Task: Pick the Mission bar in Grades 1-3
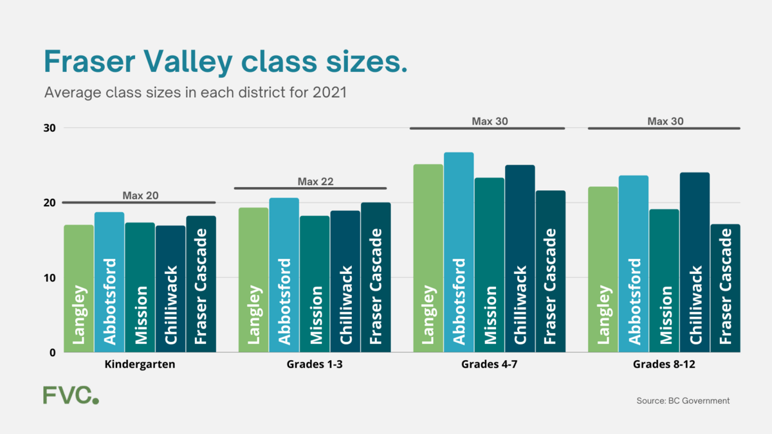[x=315, y=284]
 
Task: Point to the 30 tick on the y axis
[x=50, y=128]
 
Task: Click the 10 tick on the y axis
[x=50, y=278]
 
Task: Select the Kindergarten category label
[x=140, y=365]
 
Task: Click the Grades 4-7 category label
[x=487, y=365]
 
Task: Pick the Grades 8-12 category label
[x=664, y=365]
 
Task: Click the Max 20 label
[x=140, y=195]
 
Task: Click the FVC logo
[x=71, y=395]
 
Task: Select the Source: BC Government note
[x=683, y=401]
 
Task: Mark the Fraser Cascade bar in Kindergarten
[x=201, y=284]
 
